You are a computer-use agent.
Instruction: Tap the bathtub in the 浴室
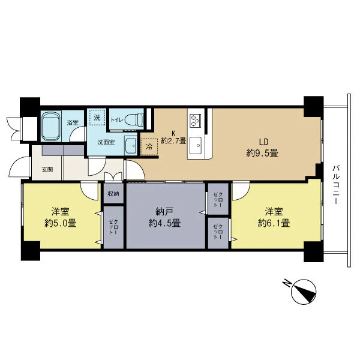(51, 127)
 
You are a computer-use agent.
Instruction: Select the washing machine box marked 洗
(97, 118)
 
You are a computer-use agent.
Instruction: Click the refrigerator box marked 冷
(149, 147)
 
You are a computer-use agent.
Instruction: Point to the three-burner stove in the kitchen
(194, 121)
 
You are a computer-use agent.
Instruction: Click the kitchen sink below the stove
(196, 145)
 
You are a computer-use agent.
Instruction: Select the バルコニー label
(335, 185)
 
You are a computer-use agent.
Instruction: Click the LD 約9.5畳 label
(263, 148)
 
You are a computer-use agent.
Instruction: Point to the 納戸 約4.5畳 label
(164, 217)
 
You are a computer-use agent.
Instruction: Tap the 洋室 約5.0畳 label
(60, 217)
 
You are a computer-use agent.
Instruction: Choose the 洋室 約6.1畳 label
(274, 217)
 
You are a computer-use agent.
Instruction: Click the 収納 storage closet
(113, 194)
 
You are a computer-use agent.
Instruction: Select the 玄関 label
(47, 170)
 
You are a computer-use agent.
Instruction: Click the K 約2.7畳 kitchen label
(173, 137)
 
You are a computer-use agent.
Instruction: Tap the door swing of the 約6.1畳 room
(241, 191)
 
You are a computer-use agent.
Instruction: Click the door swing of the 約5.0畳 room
(89, 191)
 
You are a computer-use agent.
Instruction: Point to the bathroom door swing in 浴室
(77, 135)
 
